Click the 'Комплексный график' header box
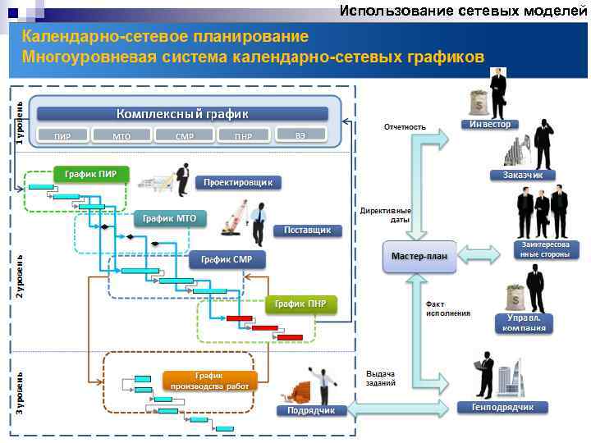point(181,114)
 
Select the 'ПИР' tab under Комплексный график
point(62,135)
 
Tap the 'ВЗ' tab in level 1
point(300,134)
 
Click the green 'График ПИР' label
point(90,174)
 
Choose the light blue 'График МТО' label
point(169,218)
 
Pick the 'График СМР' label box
point(231,260)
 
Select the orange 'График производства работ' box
point(210,380)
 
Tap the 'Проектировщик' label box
point(238,182)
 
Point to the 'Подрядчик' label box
point(309,410)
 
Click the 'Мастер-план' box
point(419,255)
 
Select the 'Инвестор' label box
point(490,124)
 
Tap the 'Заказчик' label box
point(522,175)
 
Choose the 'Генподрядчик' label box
point(502,407)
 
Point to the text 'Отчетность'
point(405,127)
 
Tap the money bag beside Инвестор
point(477,103)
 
